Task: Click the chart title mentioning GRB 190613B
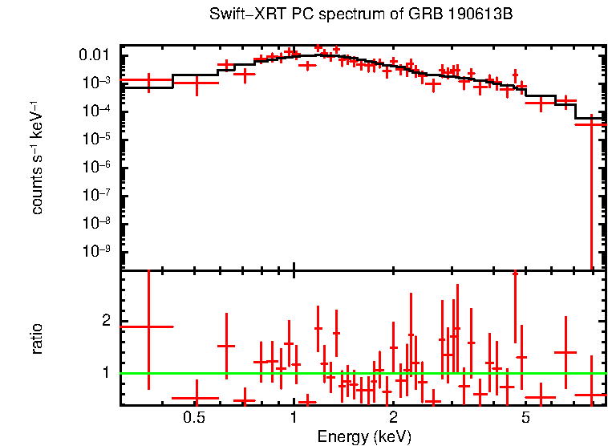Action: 361,15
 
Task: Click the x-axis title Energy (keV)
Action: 364,436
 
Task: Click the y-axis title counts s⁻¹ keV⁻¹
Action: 37,157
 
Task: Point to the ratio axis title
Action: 37,339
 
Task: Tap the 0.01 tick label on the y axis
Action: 98,55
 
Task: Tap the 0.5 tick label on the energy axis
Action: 193,418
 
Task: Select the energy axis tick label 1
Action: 294,418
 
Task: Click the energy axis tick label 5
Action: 526,418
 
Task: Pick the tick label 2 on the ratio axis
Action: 107,322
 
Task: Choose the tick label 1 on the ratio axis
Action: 107,373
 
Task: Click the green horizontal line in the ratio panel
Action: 361,373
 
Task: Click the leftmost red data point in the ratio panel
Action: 148,326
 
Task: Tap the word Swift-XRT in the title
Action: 238,15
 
